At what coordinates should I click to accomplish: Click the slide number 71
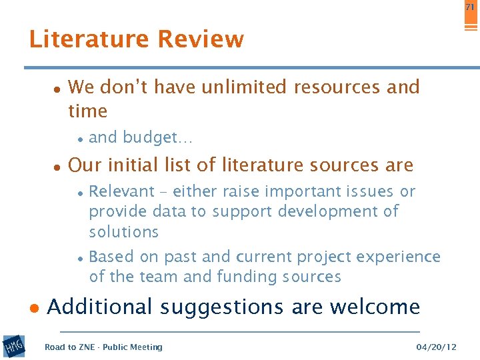(469, 7)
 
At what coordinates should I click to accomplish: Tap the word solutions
(124, 232)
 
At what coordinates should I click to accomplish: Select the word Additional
(100, 307)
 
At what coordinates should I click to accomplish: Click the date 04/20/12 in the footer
(436, 347)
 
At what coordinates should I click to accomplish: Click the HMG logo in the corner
(13, 346)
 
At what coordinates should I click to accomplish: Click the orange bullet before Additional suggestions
(35, 309)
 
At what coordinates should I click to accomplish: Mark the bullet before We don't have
(57, 89)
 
